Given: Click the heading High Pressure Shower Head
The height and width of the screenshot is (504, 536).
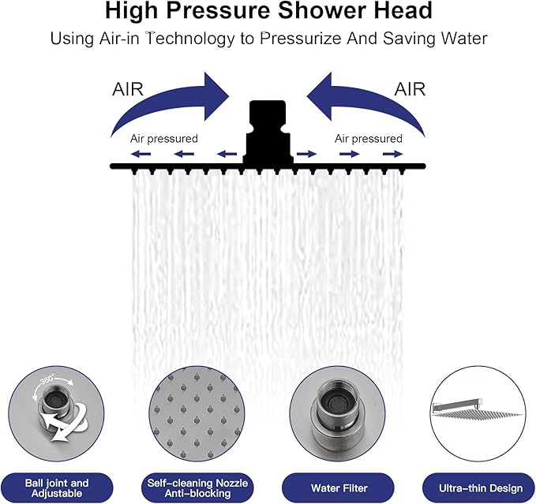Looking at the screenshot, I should (268, 12).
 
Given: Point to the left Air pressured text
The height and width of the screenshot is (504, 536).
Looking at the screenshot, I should (164, 139).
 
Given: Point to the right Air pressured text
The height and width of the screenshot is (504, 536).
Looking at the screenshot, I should (368, 139).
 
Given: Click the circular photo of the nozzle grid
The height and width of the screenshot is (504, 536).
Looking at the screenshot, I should (197, 417).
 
